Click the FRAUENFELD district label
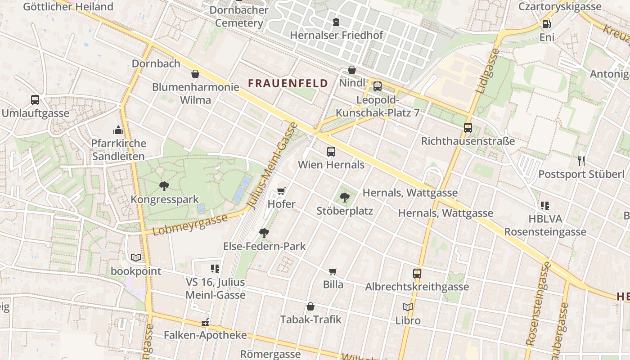(288, 83)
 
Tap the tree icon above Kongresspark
(164, 186)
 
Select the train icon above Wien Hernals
(331, 152)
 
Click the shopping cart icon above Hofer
(281, 191)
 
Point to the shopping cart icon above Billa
(333, 271)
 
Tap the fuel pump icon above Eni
(547, 24)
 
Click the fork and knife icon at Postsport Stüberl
(581, 161)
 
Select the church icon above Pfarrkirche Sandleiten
(118, 130)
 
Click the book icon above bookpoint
(136, 258)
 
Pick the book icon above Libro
(408, 307)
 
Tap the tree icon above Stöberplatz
(345, 197)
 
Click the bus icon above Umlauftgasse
(35, 100)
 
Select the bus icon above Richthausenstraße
(468, 128)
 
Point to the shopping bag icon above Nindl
(352, 70)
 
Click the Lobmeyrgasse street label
(190, 225)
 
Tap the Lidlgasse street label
(487, 71)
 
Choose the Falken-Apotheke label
(205, 335)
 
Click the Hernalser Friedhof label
(336, 35)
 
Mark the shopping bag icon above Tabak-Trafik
(310, 306)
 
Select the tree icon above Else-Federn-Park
(264, 233)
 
